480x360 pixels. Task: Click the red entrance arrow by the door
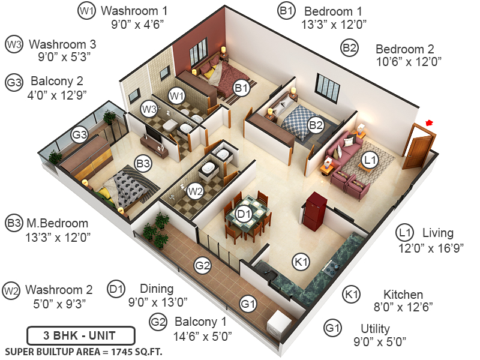click(428, 123)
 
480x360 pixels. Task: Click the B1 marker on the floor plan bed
click(241, 89)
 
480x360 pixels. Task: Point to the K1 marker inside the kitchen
click(300, 261)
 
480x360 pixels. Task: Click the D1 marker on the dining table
click(243, 213)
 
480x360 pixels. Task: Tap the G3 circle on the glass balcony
click(80, 135)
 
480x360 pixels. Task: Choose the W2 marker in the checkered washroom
click(195, 191)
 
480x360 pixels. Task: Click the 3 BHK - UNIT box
click(81, 335)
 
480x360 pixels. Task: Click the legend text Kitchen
click(403, 295)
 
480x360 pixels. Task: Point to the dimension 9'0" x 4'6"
click(138, 24)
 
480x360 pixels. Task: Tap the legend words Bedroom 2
click(405, 49)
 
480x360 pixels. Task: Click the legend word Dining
click(157, 289)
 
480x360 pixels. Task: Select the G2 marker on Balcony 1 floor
click(202, 265)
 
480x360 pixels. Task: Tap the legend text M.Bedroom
click(56, 224)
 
